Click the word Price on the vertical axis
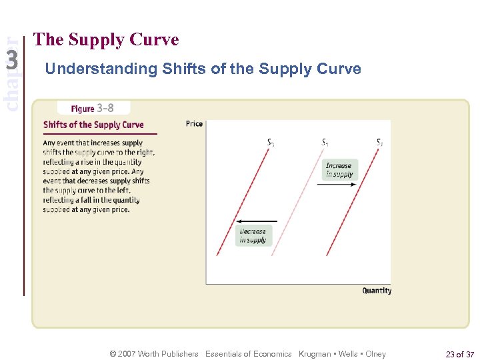195,123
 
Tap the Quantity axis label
377,291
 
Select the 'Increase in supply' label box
339,170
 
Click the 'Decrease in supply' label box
253,236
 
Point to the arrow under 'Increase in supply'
337,185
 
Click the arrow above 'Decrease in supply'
257,220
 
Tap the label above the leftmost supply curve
270,142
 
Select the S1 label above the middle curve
325,142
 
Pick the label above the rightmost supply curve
379,142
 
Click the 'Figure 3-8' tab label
93,108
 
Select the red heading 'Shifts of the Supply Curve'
93,125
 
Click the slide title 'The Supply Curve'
106,40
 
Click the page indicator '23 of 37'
460,354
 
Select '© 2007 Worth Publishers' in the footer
155,354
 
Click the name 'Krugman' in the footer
317,354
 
